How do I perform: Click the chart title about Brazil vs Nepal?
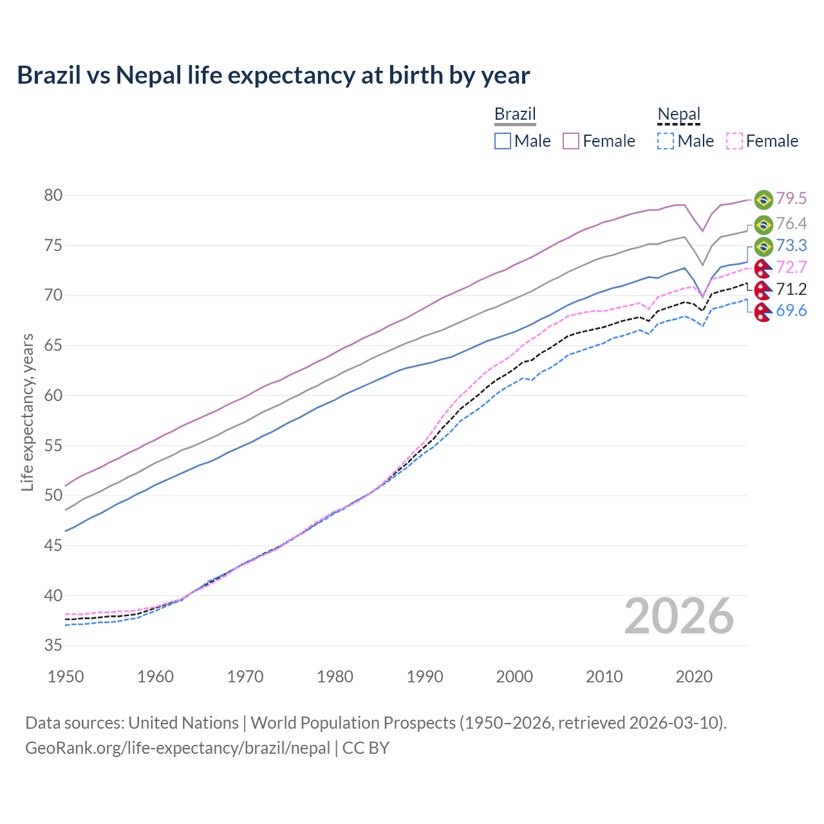273,75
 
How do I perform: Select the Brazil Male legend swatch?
503,141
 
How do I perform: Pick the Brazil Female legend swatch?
571,141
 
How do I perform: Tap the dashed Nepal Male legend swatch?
666,141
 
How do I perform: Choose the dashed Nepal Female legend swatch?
735,141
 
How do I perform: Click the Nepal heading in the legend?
679,114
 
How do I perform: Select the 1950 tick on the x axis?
66,677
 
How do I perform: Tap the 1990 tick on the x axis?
425,677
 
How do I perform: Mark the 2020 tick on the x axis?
694,677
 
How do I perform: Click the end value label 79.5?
791,199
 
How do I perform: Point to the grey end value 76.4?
791,223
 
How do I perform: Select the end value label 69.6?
791,311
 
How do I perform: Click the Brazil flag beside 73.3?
763,246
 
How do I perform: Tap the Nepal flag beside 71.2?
763,289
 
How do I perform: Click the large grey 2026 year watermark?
679,616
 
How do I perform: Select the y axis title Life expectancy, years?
27,412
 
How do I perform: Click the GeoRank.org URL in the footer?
178,748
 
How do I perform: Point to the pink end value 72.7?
791,267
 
